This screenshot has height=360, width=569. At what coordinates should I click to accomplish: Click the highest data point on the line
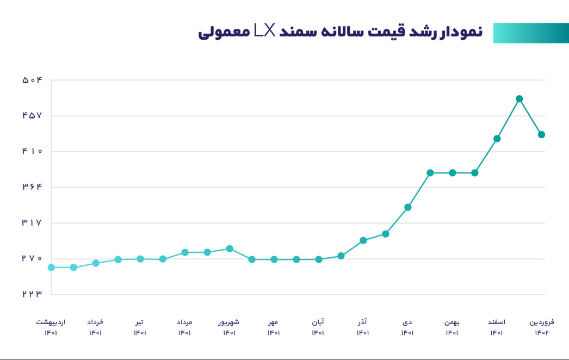tap(519, 99)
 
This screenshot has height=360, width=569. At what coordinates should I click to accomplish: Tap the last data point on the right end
tap(542, 134)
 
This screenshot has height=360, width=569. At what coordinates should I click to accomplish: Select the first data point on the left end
tap(51, 268)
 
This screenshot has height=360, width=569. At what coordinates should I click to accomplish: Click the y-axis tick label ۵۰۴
tap(32, 80)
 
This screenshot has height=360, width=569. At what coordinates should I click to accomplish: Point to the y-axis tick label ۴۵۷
tap(32, 116)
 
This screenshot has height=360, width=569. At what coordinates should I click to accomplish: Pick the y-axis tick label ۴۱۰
tap(32, 152)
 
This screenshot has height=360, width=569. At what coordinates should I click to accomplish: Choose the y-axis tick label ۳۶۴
tap(32, 188)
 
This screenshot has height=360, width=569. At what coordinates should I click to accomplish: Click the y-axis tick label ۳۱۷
tap(32, 223)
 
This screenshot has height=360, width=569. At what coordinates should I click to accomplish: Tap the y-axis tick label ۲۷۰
tap(32, 259)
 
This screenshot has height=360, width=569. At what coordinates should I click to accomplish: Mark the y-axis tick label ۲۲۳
tap(32, 294)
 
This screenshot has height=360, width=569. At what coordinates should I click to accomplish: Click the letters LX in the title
tap(265, 32)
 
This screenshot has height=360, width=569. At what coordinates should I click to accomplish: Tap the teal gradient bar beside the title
tap(530, 33)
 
